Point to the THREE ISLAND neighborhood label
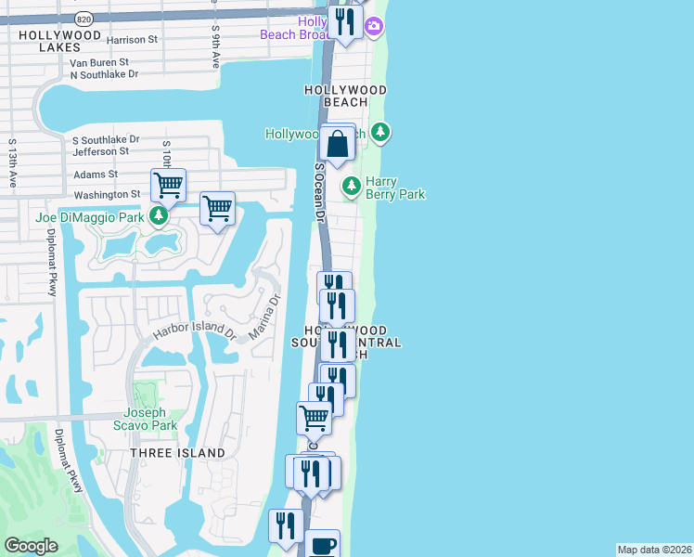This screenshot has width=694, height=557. pos(177,453)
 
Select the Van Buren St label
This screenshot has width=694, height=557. pos(99,63)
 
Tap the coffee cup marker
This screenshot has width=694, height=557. pos(322,546)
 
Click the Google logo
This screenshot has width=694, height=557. pos(31,546)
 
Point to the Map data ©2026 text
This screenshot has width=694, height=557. pos(654,550)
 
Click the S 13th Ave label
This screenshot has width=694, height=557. pos(13,163)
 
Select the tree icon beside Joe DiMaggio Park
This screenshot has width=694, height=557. pos(160,217)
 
